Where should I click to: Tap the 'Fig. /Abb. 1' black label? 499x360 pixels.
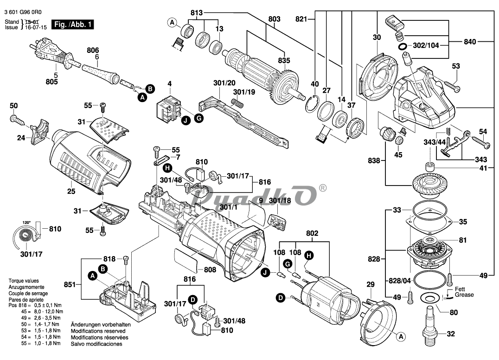tap(72, 25)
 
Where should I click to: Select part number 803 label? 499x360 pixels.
tap(275, 19)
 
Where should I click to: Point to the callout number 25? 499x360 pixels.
tap(71, 191)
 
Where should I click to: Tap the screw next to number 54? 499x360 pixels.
tap(481, 141)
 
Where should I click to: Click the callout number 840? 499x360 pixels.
tap(470, 41)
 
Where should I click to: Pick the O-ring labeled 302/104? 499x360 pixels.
tap(403, 46)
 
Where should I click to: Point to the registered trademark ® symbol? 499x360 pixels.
tap(322, 188)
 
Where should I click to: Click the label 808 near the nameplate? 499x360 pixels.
tap(210, 270)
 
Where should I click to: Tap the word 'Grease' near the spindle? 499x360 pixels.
tap(464, 295)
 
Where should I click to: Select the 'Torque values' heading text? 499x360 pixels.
tap(24, 281)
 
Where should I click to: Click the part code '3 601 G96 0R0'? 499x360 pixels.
tap(23, 13)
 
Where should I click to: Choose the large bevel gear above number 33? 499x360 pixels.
tap(430, 185)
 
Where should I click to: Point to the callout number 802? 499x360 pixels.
tap(312, 233)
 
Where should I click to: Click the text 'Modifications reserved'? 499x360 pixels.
tap(98, 331)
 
